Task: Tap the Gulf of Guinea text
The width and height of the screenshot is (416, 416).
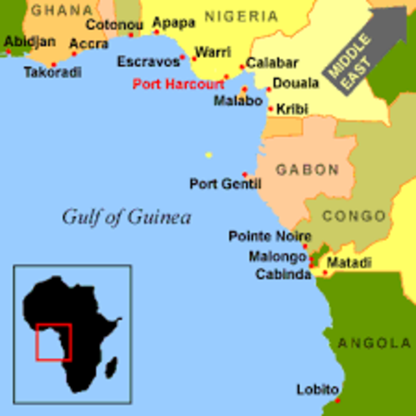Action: [x=126, y=217]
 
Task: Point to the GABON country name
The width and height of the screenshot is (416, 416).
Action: [x=307, y=169]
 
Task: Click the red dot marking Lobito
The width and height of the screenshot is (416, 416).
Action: [x=337, y=400]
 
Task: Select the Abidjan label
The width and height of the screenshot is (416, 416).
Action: [x=29, y=41]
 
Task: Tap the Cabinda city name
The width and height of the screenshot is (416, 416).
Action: [x=282, y=274]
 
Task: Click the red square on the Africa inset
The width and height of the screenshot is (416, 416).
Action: [x=53, y=341]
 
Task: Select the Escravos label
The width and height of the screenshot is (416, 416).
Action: [x=152, y=62]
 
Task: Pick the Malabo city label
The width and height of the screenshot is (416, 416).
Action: [x=237, y=101]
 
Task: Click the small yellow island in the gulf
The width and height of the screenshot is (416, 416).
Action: [x=208, y=155]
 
